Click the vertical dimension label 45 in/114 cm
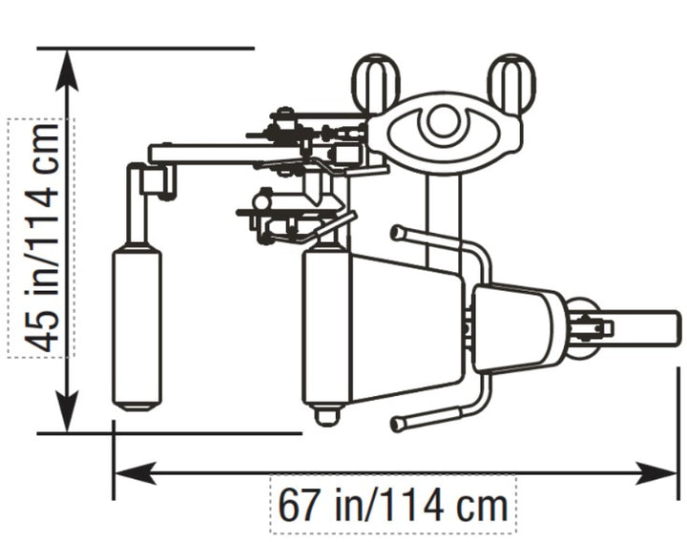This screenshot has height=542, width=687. pos(41,239)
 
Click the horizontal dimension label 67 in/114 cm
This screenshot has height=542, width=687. pos(392,505)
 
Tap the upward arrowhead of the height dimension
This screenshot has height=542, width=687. pos(67,70)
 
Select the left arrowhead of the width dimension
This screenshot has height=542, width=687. pos(135,472)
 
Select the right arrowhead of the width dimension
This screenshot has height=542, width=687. pos(656,472)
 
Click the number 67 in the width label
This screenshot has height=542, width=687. pos(297,505)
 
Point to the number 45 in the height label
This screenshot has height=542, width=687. pos(41,332)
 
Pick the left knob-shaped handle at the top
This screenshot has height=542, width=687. pos(376,82)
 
